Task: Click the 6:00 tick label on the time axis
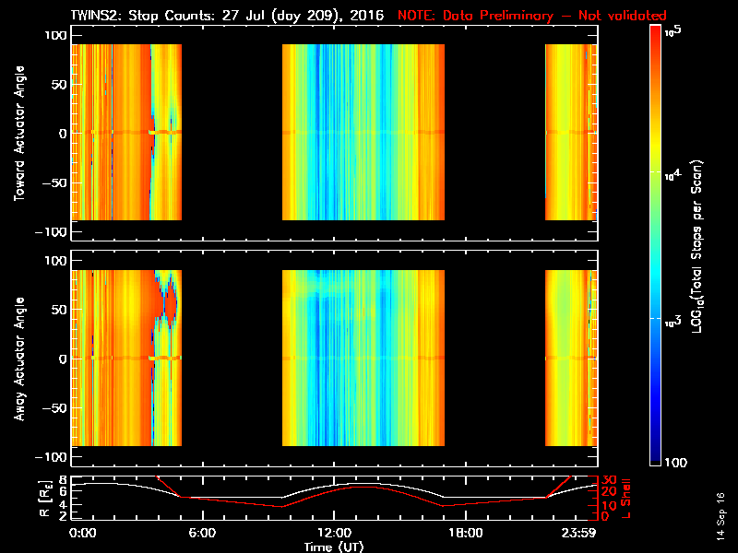pos(201,534)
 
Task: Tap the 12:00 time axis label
pos(333,534)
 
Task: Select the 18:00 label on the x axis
pos(465,534)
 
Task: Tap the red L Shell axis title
pos(630,498)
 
